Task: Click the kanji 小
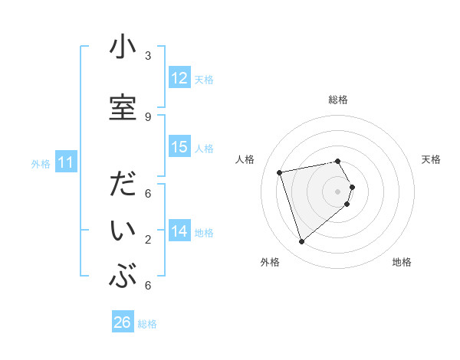coord(123,49)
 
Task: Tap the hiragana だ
coord(123,187)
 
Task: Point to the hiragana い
coord(123,231)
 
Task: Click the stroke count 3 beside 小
coord(148,56)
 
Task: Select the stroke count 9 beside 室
coord(148,116)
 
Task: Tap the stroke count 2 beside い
coord(148,240)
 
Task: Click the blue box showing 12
coord(179,77)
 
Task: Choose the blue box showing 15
coord(179,147)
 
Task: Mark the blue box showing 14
coord(179,231)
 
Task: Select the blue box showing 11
coord(66,162)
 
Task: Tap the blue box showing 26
coord(123,322)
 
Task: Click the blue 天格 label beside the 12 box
coord(204,79)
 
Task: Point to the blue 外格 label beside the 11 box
coord(40,163)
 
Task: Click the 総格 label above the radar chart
coord(338,100)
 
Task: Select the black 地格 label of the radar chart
coord(402,263)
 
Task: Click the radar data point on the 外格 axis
coord(302,242)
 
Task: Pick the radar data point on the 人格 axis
coord(280,172)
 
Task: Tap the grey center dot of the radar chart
coord(337,191)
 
